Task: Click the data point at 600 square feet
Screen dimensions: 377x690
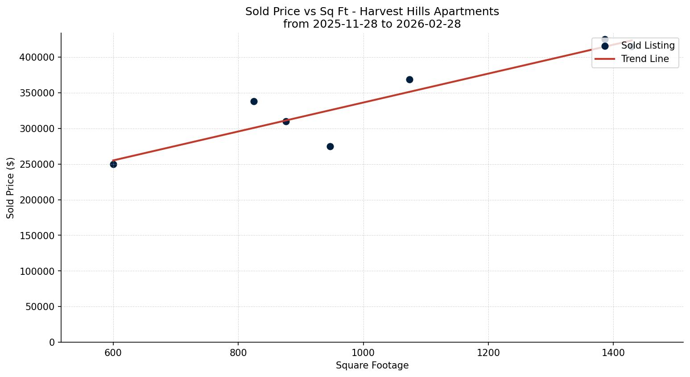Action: [x=113, y=164]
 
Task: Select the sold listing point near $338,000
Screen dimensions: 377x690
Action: [x=254, y=101]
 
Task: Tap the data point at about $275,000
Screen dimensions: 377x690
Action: [x=330, y=146]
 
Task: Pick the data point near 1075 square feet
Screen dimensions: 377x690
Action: [x=409, y=79]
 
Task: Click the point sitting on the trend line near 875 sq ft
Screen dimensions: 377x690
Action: [x=286, y=121]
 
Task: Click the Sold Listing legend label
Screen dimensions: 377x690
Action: [x=648, y=46]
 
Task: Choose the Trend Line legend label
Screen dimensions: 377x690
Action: [x=645, y=59]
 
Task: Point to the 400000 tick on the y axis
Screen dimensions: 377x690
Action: [x=37, y=58]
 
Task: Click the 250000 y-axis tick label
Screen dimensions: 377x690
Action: [x=37, y=164]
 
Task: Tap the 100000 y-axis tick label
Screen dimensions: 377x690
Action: [x=37, y=271]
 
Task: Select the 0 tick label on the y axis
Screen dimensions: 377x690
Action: [x=52, y=342]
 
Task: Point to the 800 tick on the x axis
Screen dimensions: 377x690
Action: [x=238, y=352]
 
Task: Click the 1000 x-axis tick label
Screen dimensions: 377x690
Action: [x=363, y=352]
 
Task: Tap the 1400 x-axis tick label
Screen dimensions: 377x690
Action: [x=613, y=352]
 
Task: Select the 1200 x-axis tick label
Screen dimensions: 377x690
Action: [x=488, y=352]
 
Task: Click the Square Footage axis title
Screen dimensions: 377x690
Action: [x=372, y=365]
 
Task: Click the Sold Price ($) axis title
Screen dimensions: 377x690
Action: [x=10, y=188]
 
